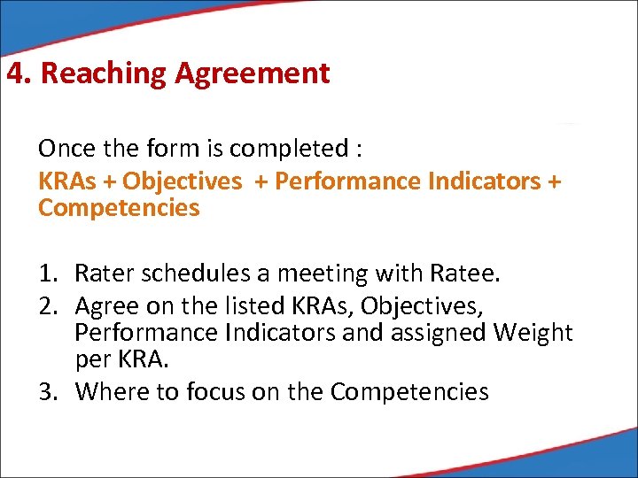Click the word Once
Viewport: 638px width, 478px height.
(65, 150)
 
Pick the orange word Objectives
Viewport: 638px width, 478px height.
(182, 181)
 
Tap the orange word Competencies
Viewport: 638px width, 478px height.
(119, 209)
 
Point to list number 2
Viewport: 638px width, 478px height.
(46, 306)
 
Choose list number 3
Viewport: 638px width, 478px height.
(46, 391)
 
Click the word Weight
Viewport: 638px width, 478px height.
(532, 334)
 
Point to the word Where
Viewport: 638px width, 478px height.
(106, 391)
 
